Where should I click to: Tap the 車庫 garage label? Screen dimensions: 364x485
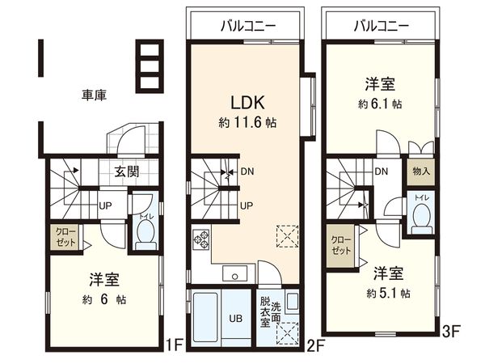pos(95,95)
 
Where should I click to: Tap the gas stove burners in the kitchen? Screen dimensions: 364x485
pos(200,241)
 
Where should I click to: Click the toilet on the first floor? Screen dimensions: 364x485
pos(145,230)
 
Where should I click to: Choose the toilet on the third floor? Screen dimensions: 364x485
pos(420,215)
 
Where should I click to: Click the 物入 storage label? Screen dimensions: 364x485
pos(421,171)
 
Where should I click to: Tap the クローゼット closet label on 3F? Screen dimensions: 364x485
pos(339,246)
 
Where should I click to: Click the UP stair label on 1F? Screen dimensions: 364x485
pos(105,205)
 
